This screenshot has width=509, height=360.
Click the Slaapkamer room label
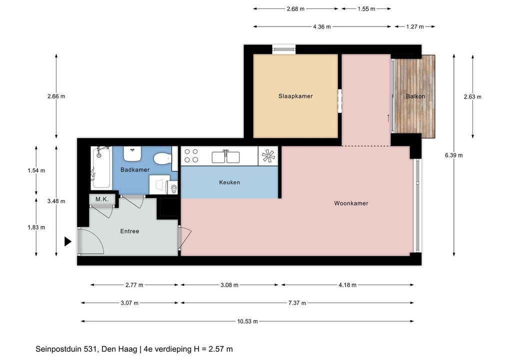tap(295, 96)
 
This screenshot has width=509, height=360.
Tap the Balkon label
tap(415, 96)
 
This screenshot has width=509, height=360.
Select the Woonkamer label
tap(351, 203)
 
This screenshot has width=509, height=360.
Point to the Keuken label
tap(229, 182)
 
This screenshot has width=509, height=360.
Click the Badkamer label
tap(134, 170)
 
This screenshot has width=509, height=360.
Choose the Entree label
tap(129, 231)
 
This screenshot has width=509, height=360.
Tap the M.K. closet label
tap(102, 199)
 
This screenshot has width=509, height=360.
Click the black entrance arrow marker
tap(67, 241)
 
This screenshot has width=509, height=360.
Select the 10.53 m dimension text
tap(247, 321)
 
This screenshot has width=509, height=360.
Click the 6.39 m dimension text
tap(454, 155)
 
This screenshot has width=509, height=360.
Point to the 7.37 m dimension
tap(297, 303)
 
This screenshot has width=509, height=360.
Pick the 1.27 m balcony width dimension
tap(415, 26)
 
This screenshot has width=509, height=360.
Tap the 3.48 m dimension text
tap(56, 201)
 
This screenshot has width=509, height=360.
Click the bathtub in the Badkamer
tap(101, 167)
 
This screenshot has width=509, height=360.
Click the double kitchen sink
tap(225, 156)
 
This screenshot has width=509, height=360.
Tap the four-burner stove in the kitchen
tap(191, 155)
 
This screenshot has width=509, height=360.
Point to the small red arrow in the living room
tap(388, 118)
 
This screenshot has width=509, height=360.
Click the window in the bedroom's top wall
tap(283, 49)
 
